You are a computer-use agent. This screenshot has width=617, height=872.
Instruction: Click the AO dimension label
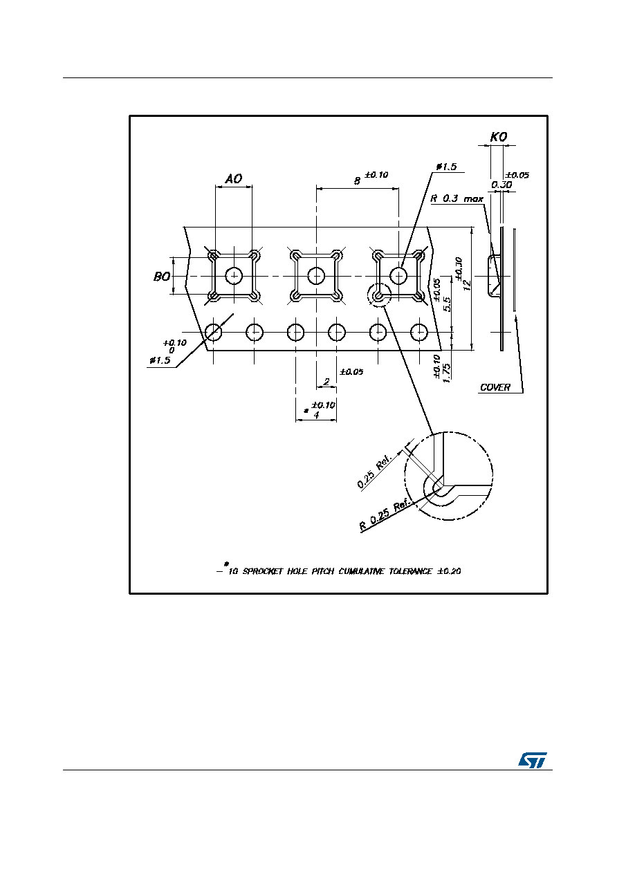point(234,178)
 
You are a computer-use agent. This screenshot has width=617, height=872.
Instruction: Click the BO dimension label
point(162,277)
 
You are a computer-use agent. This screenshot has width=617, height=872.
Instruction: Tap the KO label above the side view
point(499,137)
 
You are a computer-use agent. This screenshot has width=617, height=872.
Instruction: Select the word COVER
point(495,387)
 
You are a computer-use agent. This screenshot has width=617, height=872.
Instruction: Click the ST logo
point(532,759)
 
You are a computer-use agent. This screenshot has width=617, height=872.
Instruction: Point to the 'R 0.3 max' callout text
point(457,199)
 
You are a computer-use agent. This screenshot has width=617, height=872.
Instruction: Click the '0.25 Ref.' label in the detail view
point(374,472)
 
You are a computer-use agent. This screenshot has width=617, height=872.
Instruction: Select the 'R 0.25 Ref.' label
point(385,514)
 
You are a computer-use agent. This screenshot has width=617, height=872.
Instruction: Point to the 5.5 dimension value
point(448,304)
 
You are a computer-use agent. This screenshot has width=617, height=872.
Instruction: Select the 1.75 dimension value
point(447,373)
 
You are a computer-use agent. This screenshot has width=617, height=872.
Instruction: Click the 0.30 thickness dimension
point(501,185)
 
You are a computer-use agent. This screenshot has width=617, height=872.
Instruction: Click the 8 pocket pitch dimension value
point(357,181)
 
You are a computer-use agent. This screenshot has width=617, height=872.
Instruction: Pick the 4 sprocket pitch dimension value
point(316,416)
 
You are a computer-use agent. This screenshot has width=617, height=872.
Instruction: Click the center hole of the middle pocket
point(316,276)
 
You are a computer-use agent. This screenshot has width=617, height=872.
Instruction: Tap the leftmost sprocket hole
point(213,333)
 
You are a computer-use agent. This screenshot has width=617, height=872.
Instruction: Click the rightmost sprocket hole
point(419,333)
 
